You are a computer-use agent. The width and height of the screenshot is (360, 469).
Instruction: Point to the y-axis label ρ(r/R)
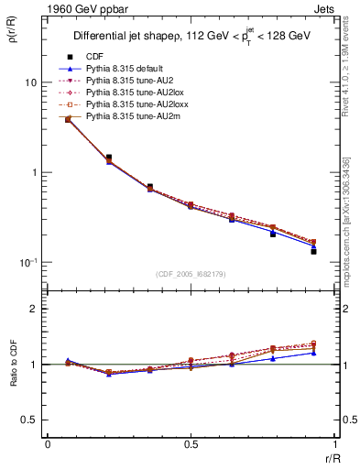point(15,41)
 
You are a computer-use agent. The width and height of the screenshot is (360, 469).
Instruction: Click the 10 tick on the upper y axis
point(32,82)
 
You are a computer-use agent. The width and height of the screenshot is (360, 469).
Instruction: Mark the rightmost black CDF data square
point(313,251)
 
